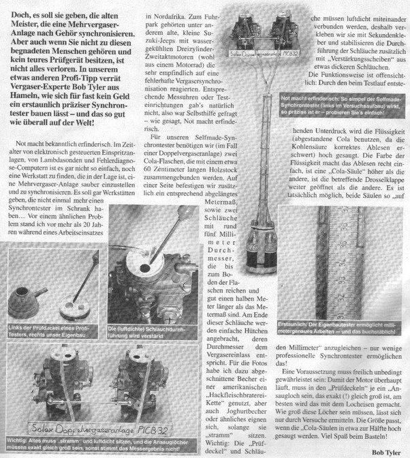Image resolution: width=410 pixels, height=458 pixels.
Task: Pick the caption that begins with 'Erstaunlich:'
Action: pos(345,295)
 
